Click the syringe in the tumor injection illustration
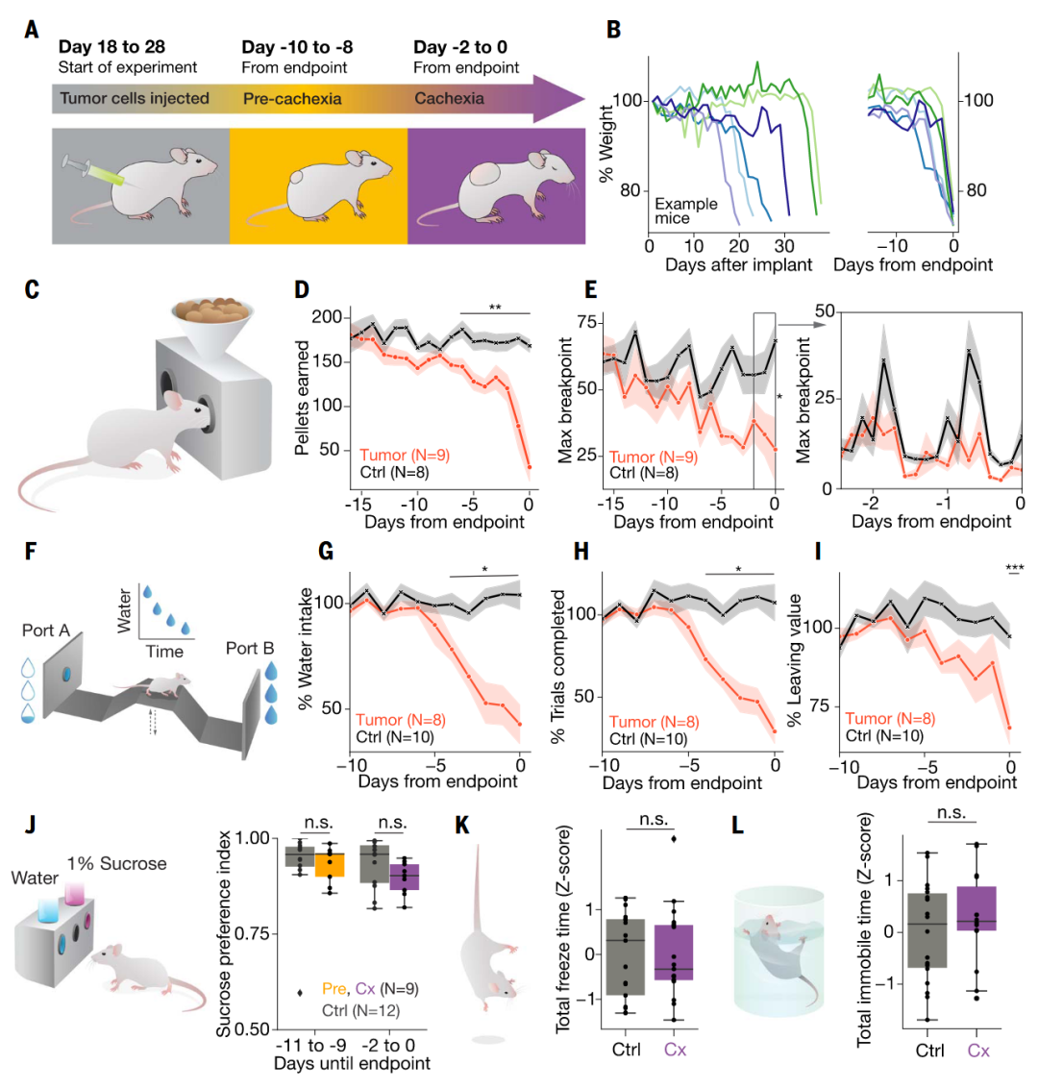pyautogui.click(x=92, y=171)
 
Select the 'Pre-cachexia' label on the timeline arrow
pyautogui.click(x=291, y=98)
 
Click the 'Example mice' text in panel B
pyautogui.click(x=685, y=210)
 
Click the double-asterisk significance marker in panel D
pyautogui.click(x=495, y=307)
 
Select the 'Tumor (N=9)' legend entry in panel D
pyautogui.click(x=405, y=456)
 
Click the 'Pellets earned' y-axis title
pyautogui.click(x=303, y=397)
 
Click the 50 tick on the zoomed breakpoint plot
pyautogui.click(x=824, y=311)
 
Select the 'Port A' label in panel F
pyautogui.click(x=46, y=631)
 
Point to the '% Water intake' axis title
pyautogui.click(x=307, y=649)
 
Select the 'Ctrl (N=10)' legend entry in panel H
pyautogui.click(x=649, y=739)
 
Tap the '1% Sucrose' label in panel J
pyautogui.click(x=116, y=864)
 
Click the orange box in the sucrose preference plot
pyautogui.click(x=329, y=862)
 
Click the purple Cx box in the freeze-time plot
pyautogui.click(x=676, y=952)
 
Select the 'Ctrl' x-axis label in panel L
pyautogui.click(x=929, y=1050)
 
